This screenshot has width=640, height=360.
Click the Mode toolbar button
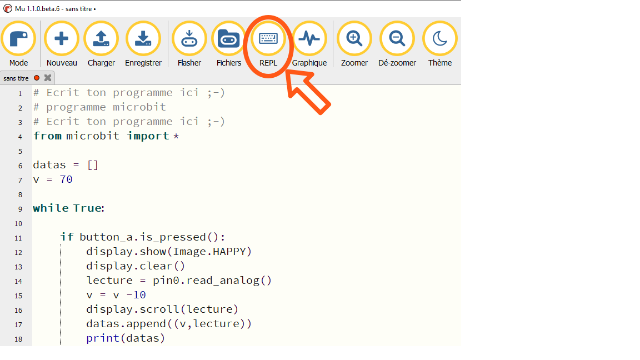pos(18,39)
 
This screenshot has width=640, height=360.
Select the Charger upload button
pos(101,39)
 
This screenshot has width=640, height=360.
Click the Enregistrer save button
pos(143,39)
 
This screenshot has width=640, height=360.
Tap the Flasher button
pos(189,39)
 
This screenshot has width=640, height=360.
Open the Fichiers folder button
pos(228,39)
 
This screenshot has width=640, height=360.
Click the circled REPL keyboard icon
pos(268,38)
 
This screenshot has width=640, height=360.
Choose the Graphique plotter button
pos(309,39)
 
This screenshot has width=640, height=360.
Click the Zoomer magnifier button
pos(354,39)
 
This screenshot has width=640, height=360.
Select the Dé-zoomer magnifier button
pos(397,39)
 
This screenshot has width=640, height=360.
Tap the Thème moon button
pos(440,39)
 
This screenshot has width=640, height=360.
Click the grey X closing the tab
pos(48,78)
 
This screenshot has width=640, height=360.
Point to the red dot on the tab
pos(37,78)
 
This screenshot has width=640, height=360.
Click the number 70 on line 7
pos(66,179)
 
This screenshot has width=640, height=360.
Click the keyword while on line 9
pos(51,208)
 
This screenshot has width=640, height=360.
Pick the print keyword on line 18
pos(102,338)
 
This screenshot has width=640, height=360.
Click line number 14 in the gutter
pos(18,281)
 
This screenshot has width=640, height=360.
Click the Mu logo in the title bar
pos(7,8)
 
